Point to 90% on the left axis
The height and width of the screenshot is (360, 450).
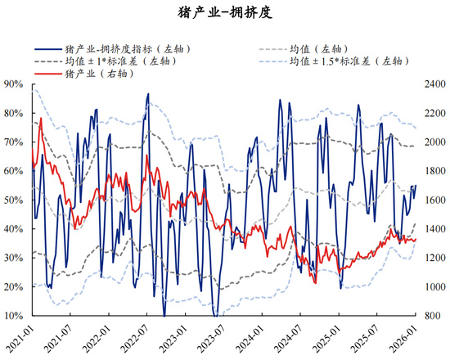coord(15,83)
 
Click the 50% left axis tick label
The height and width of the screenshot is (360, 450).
coord(15,200)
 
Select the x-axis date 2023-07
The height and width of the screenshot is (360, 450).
coord(214,337)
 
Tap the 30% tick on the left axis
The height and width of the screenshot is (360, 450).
coord(15,258)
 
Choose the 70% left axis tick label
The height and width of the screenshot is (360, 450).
coord(15,142)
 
